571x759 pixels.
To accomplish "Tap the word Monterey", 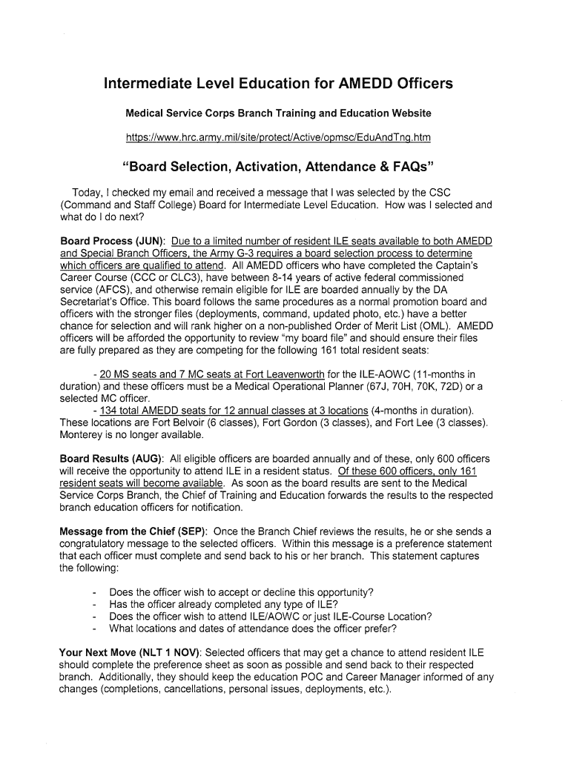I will [x=84, y=434].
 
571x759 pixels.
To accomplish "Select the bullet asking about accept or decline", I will [x=241, y=592].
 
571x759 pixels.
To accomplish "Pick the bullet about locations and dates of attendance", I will [x=252, y=629].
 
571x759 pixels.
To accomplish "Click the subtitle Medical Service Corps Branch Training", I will [x=277, y=113].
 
